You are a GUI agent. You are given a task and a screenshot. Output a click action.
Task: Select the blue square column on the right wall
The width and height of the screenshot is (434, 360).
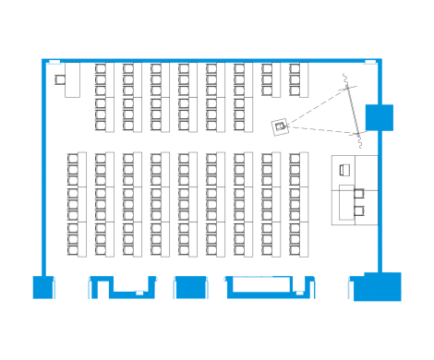click(x=380, y=118)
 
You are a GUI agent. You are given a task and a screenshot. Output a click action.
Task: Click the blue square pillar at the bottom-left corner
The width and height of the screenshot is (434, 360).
click(x=44, y=287)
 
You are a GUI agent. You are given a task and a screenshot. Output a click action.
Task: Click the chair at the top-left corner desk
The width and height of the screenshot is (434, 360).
click(x=60, y=79)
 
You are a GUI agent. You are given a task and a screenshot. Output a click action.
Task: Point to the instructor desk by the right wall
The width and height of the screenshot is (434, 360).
click(x=355, y=190)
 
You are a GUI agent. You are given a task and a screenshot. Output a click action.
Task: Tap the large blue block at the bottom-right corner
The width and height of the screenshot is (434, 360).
click(x=380, y=287)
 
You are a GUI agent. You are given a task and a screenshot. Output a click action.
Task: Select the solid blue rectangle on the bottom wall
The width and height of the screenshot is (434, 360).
click(x=190, y=287)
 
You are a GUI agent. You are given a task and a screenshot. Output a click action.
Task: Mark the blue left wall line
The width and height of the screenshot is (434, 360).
click(x=42, y=166)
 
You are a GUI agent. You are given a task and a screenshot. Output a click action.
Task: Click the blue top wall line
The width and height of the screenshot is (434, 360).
click(x=212, y=61)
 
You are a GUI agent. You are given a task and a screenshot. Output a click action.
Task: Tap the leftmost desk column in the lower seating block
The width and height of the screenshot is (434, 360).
click(x=77, y=204)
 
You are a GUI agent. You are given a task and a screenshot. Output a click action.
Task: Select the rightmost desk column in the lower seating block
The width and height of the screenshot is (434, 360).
click(x=298, y=204)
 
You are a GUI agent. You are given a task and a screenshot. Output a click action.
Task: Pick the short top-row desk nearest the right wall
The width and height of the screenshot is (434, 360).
click(x=298, y=79)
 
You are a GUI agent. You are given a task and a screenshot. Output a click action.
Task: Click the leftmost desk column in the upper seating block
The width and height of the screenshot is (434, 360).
click(x=104, y=97)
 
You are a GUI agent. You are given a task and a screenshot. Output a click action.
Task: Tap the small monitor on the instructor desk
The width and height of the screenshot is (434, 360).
click(x=344, y=170)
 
